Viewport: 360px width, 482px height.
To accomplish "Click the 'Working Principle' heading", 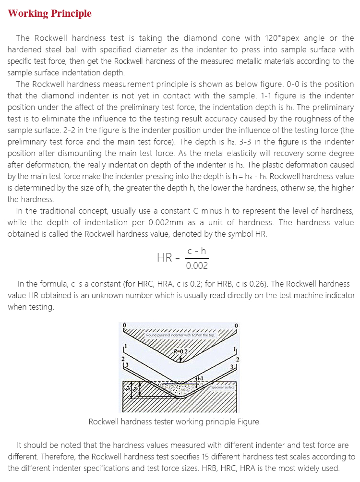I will point(49,13).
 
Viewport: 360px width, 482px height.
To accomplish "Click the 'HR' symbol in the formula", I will point(165,258).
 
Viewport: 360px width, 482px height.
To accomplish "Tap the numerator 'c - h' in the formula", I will point(197,251).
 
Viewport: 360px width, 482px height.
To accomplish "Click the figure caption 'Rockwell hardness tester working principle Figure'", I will point(174,422).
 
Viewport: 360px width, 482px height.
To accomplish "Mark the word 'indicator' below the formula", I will point(339,295).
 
